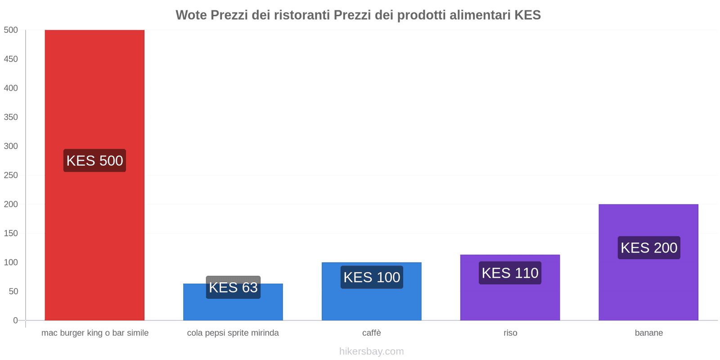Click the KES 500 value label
point(94,161)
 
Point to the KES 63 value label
point(233,288)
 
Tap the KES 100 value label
point(372,277)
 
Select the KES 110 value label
point(510,273)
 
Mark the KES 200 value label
point(648,248)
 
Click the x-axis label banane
point(648,333)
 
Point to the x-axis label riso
point(510,333)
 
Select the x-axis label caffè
point(372,333)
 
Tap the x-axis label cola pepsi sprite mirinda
point(233,333)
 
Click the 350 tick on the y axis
point(11,117)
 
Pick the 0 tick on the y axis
point(15,320)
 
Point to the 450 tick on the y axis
point(11,59)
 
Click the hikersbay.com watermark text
point(372,351)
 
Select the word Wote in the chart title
point(191,15)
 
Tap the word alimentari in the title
point(480,15)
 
